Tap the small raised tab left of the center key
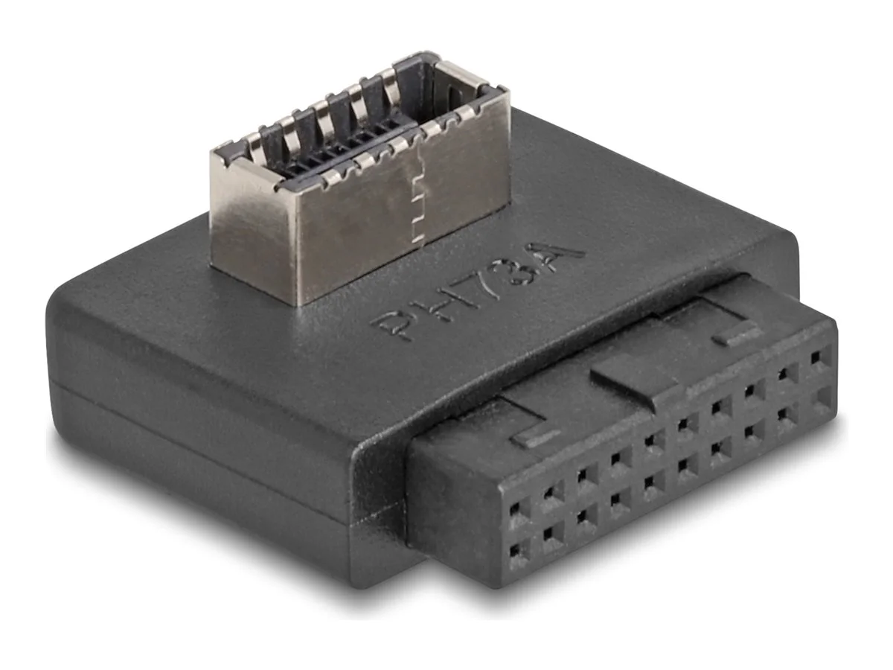pyautogui.click(x=534, y=438)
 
